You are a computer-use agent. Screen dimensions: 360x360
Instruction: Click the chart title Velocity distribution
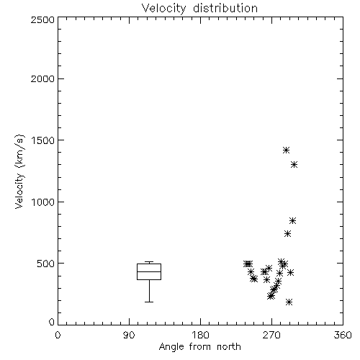[199, 9]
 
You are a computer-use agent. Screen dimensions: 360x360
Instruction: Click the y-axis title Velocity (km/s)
[19, 171]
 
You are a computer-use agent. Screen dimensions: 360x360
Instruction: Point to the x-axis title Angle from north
[199, 347]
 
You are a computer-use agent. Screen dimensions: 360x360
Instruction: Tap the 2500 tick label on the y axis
[42, 19]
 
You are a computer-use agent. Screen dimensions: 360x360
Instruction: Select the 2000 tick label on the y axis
[42, 78]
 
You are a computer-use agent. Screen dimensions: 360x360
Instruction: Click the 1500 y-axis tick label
[43, 140]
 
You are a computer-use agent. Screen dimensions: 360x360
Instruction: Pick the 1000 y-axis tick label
[43, 202]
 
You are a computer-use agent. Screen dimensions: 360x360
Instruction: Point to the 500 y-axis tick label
[46, 264]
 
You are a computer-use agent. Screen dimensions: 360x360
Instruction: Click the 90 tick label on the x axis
[129, 335]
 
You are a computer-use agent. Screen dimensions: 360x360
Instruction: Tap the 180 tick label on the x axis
[200, 335]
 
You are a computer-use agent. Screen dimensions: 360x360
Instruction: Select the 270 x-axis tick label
[271, 335]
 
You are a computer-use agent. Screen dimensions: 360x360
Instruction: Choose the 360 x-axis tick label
[343, 335]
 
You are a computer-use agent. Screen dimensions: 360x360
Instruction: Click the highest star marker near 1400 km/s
[286, 150]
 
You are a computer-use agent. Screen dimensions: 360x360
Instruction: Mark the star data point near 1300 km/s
[294, 165]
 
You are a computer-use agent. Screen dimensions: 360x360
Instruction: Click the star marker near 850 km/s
[292, 221]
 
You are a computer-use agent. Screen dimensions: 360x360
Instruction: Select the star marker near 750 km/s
[287, 234]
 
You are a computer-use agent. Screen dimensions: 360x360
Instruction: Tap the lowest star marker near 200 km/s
[289, 302]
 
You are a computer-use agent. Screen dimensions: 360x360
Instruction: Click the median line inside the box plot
[149, 271]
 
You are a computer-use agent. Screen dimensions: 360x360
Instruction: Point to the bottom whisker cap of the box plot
[149, 302]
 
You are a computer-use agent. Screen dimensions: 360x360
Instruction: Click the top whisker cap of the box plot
[149, 262]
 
